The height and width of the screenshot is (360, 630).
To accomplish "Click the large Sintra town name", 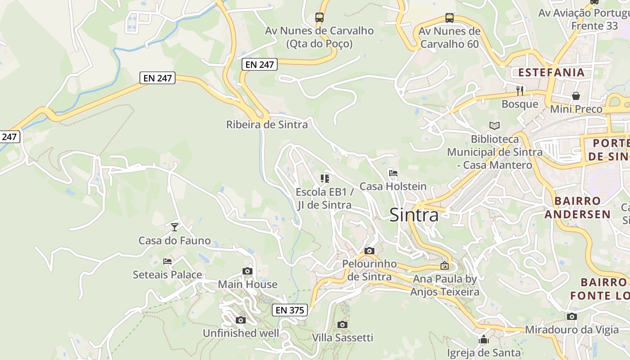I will click(414, 215).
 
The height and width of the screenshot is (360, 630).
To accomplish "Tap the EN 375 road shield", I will click(290, 310).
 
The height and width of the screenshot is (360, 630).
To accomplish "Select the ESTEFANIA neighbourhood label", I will click(551, 72).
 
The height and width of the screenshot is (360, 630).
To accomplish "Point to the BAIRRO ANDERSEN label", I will click(578, 207).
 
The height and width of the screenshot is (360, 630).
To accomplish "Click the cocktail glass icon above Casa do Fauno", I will click(175, 227).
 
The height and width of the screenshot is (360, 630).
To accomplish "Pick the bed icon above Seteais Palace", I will click(167, 261).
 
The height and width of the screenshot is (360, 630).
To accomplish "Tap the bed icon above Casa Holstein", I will click(393, 173).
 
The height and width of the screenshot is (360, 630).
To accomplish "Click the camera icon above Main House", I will click(247, 271).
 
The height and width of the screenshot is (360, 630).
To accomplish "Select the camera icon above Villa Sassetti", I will click(342, 324).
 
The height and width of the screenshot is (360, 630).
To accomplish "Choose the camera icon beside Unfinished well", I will click(241, 320).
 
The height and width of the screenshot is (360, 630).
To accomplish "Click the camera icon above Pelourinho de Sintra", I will click(369, 251).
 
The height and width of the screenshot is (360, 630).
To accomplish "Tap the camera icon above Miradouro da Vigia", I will click(571, 316).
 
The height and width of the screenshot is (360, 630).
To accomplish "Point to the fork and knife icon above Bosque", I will click(520, 90).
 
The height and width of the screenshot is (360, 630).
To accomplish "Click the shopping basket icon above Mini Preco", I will click(576, 96).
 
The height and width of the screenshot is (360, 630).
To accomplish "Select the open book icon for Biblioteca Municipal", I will click(494, 126).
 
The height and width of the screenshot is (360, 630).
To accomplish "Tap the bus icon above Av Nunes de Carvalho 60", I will click(449, 18).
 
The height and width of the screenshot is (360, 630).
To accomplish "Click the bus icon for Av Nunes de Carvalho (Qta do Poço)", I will click(319, 18).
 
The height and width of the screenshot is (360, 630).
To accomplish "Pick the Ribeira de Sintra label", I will click(267, 125).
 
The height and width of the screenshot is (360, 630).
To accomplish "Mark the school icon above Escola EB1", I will click(324, 179).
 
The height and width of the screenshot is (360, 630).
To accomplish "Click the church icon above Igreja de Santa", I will click(484, 339).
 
